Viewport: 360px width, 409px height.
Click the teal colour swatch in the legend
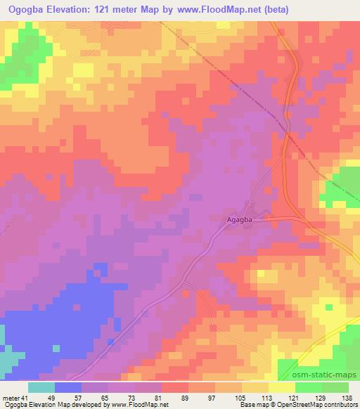pyautogui.click(x=41, y=387)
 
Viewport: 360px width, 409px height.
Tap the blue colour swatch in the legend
pyautogui.click(x=67, y=387)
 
